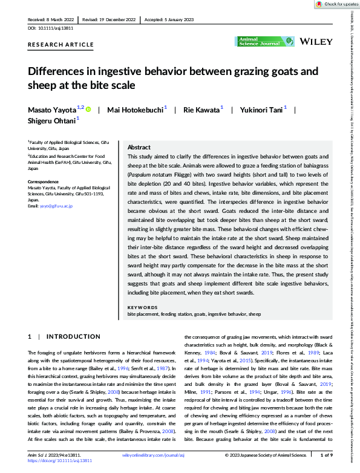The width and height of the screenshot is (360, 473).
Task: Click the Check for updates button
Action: (335, 4)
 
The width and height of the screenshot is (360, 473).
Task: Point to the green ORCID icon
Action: (88, 109)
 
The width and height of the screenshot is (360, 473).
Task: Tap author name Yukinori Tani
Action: (257, 109)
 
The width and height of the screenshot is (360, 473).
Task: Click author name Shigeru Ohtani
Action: (51, 121)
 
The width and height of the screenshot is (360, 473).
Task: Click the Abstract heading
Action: (139, 147)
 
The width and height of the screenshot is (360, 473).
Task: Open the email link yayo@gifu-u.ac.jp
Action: (56, 206)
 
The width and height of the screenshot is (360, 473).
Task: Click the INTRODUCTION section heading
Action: (73, 336)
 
